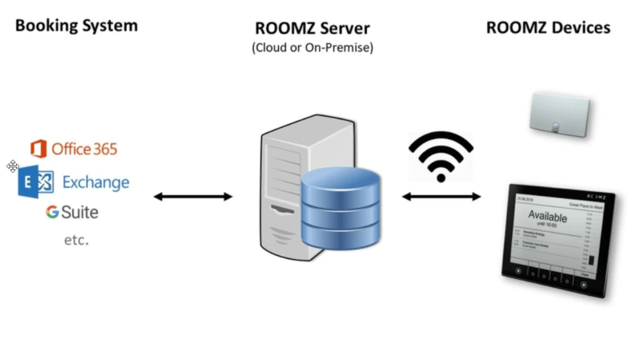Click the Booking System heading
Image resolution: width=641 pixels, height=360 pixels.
point(76,26)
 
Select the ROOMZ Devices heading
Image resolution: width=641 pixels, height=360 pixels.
point(548,28)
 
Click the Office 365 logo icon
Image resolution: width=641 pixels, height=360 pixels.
point(38,148)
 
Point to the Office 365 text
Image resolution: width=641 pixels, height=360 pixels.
point(84,149)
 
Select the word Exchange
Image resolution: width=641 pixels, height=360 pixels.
point(95,182)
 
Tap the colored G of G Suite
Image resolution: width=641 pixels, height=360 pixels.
point(52,212)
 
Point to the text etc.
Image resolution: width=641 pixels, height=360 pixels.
point(76,240)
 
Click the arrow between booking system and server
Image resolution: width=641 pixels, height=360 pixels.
point(192,196)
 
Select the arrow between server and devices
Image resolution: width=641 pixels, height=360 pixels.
point(441,196)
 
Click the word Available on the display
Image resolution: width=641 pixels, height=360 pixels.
point(552,216)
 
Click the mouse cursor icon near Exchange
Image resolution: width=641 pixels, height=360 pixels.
point(13,166)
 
